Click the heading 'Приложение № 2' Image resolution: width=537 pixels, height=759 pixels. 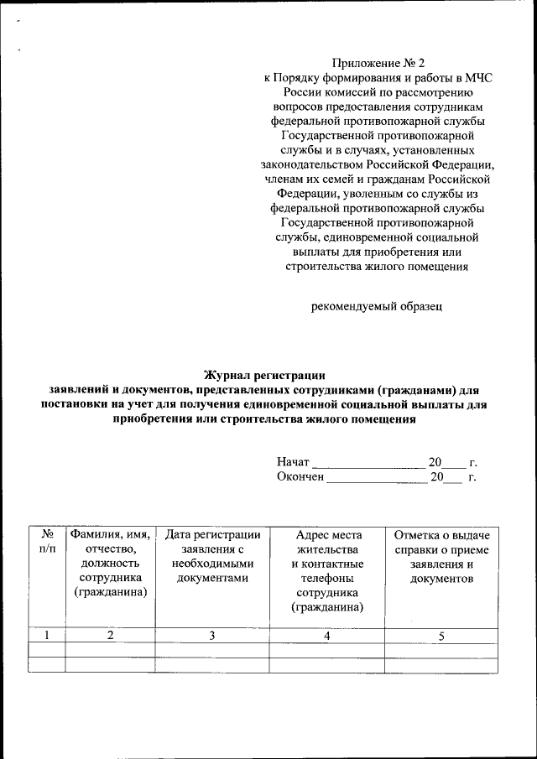coord(373,63)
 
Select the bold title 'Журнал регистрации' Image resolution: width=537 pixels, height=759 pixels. coord(264,375)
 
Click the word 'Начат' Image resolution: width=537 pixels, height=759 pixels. coord(293,462)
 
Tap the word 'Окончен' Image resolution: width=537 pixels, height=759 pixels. coord(300,477)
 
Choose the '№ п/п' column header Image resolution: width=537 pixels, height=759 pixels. coord(47,541)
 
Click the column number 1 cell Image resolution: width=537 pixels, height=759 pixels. coord(47,635)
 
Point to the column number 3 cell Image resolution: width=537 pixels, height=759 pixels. coord(212,635)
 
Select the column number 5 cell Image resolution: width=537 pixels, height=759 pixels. coord(441,635)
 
